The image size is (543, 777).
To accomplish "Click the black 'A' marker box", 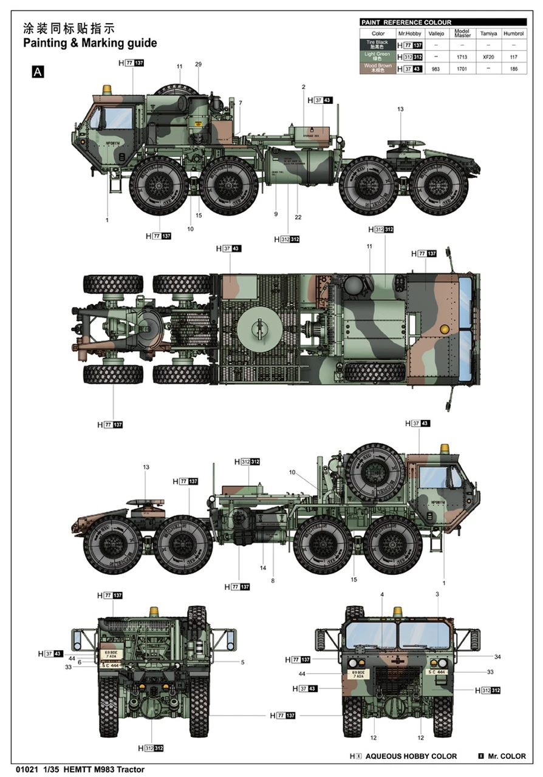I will coord(38,72).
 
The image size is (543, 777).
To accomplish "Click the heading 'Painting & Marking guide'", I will coord(89,43).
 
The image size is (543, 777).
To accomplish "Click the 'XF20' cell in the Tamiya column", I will coord(489,56).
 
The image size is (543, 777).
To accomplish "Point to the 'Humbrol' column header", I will coord(514,33).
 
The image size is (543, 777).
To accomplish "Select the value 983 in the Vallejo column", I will coord(435,69).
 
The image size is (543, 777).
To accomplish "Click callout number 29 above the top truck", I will coord(198,64).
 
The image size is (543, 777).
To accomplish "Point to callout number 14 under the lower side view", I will coord(263,568).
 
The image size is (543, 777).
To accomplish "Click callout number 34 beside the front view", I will coord(497,656).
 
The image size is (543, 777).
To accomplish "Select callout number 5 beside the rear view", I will coord(242,662).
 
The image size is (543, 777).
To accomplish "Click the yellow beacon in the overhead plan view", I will coord(445,328).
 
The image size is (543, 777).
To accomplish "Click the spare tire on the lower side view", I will coord(371,472).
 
